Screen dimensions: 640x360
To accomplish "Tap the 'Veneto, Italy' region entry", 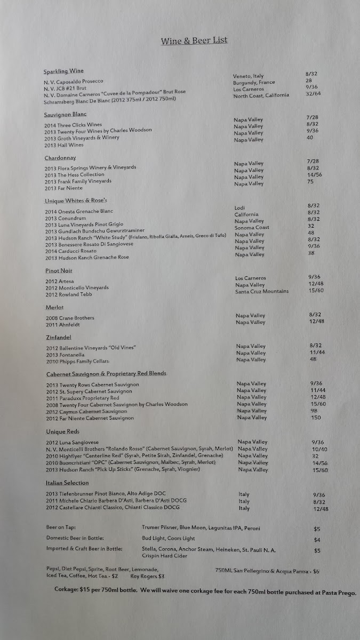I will pos(248,76).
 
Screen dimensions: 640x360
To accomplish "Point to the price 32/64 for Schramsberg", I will pos(313,94).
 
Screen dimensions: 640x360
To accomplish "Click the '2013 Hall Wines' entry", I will pos(64,145).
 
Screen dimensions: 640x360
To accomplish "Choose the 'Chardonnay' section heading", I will pos(61,158).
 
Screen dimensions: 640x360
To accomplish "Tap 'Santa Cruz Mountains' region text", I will pos(262,291).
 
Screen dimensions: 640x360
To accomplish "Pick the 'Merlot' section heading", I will pos(54,307).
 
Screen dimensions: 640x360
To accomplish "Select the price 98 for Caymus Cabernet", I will pos(314,411).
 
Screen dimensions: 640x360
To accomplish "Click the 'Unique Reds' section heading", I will pos(62,431).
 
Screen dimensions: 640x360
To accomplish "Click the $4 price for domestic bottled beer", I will pos(317,540).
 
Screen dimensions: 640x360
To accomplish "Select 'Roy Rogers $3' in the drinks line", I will pos(147,576).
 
